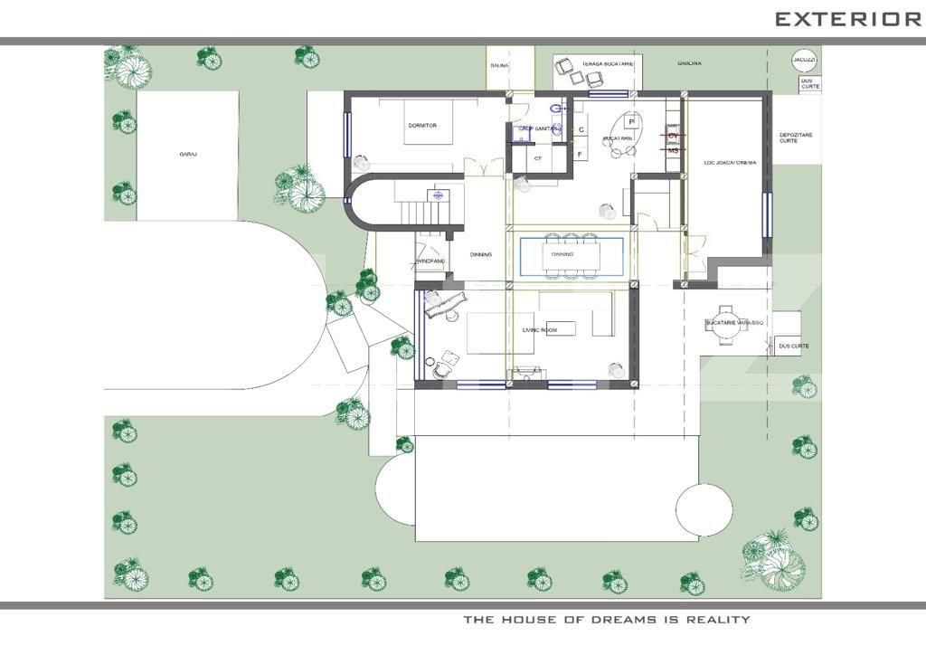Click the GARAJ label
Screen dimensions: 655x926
188,155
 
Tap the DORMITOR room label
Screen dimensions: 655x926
422,126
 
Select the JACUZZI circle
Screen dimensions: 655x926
804,60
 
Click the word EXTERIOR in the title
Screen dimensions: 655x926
847,19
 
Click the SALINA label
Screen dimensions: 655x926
499,65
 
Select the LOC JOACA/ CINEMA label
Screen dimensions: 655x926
731,163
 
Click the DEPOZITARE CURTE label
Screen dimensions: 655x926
796,138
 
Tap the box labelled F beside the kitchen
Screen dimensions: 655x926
581,154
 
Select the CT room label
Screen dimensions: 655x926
538,158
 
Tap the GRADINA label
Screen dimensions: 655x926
690,63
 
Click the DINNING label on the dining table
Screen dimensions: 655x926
562,254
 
